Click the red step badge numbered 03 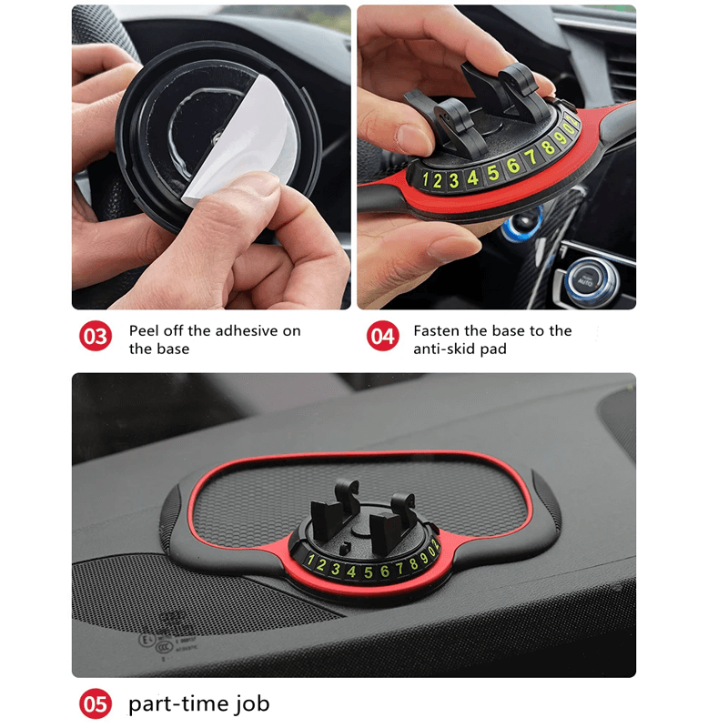pos(96,338)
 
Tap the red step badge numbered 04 pos(382,338)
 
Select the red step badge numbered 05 pos(96,704)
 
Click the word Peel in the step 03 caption pos(146,330)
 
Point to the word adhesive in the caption pos(247,330)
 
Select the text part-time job pos(198,704)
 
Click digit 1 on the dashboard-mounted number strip pos(309,561)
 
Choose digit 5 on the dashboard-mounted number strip pos(368,572)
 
